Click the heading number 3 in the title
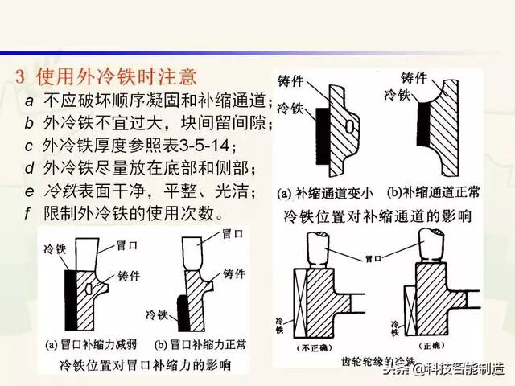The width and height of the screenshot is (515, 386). tap(22, 77)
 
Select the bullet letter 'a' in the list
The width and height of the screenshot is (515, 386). tap(29, 102)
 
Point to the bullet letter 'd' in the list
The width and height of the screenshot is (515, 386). tap(29, 169)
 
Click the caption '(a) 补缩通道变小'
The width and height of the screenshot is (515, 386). tap(321, 194)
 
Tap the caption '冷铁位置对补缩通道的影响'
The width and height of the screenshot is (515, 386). tap(377, 216)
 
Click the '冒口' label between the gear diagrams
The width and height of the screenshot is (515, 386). tap(373, 260)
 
